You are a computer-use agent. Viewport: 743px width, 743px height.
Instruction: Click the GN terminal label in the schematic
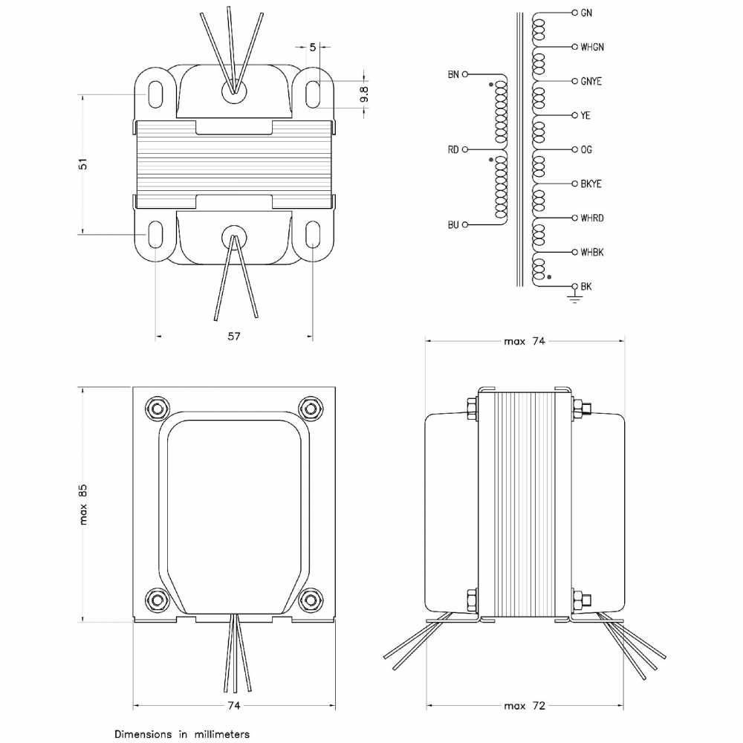(586, 13)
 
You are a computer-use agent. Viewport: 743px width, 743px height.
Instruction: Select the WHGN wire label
(592, 47)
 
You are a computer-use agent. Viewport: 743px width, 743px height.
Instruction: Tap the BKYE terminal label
(591, 184)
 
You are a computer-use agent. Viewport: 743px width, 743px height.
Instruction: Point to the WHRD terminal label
(592, 218)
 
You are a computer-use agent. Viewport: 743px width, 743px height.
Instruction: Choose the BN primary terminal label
(453, 74)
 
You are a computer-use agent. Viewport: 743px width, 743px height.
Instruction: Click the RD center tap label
(453, 150)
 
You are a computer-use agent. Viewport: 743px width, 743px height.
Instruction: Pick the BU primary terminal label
(453, 224)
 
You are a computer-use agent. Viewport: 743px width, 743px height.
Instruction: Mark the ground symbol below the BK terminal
(574, 298)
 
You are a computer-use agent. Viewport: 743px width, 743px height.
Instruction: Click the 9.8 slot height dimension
(364, 94)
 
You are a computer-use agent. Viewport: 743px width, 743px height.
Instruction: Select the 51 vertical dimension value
(83, 164)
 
